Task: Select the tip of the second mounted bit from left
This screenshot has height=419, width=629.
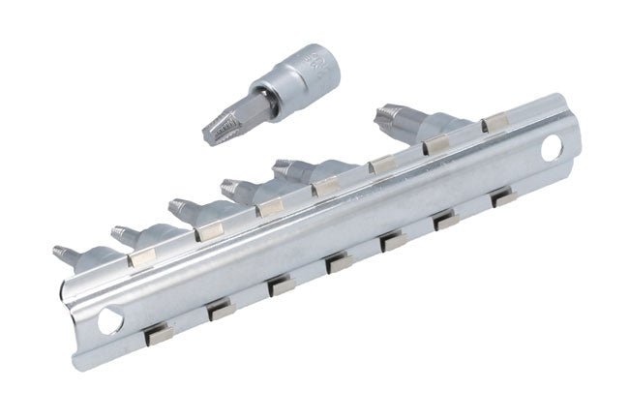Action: click(118, 231)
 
